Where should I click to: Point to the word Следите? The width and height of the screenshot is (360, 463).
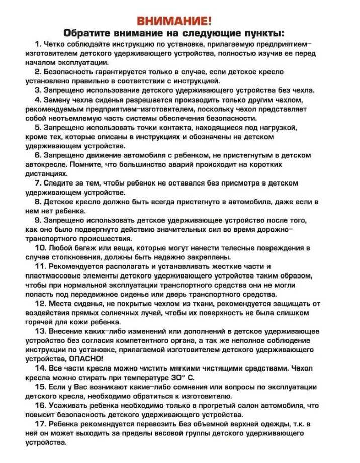(x=61, y=182)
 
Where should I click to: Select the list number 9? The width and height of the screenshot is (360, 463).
(x=38, y=220)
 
